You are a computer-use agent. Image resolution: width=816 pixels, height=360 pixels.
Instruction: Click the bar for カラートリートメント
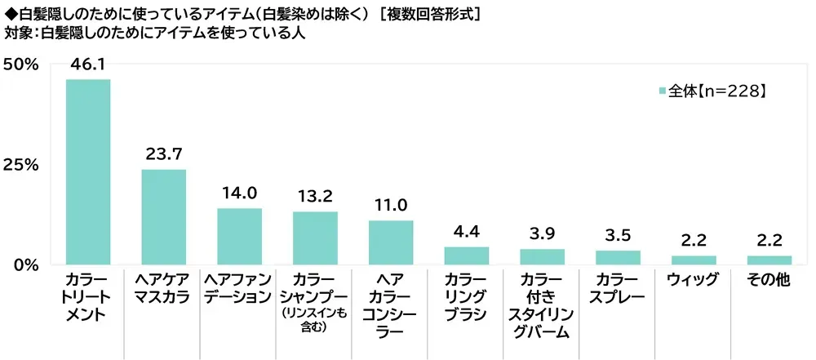point(88,171)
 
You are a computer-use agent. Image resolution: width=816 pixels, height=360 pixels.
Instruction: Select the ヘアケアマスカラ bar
point(164,217)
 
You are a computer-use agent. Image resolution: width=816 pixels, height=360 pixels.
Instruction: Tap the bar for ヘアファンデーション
point(239,237)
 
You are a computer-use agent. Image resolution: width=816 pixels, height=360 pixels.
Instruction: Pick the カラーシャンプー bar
point(315,238)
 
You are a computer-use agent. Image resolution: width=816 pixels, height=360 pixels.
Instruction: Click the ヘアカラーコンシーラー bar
point(391,242)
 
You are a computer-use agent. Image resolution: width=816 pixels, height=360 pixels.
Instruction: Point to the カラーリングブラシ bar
point(467,256)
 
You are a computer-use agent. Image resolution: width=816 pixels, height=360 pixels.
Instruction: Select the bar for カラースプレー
point(618,258)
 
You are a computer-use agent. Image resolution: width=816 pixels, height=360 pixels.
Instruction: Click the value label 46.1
point(88,65)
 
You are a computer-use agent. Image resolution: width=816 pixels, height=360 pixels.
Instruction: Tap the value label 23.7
point(164,155)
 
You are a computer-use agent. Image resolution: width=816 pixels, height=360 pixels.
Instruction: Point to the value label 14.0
point(239,194)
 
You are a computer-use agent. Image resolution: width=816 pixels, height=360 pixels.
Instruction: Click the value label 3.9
point(543,234)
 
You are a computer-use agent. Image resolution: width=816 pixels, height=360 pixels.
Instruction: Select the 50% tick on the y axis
point(21,64)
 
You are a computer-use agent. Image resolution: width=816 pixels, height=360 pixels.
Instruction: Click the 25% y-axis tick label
point(21,165)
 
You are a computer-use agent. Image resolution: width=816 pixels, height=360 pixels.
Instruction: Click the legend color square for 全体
point(662,92)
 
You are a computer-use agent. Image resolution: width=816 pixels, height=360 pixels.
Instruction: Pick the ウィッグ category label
point(694,280)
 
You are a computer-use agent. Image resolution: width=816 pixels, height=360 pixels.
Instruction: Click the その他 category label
point(769,280)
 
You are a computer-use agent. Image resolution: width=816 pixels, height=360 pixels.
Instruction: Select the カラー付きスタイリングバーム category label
point(543,305)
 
